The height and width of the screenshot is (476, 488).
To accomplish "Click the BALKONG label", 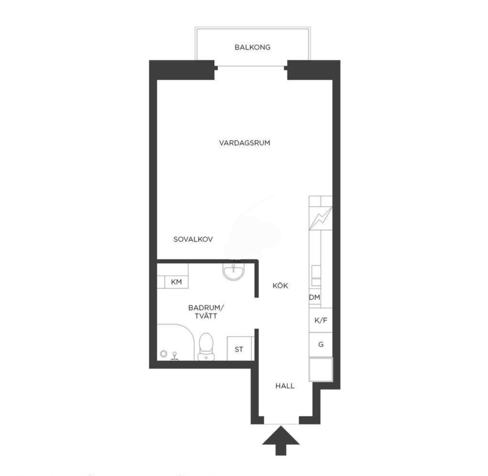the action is [252, 47].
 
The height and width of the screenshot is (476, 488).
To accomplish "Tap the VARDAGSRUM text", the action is [245, 143].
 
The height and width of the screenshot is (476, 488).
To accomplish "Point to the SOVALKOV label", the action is [193, 239].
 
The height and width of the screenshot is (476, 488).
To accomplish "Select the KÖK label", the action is [281, 285].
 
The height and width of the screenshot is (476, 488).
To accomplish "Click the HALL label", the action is [285, 386].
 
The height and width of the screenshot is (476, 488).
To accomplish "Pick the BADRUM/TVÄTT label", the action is [206, 312].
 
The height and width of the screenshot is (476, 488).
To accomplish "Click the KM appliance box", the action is [176, 282].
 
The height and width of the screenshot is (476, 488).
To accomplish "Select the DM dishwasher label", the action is [314, 297].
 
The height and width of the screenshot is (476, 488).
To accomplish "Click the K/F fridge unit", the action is [321, 320].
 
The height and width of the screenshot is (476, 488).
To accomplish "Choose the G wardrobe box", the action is [321, 345].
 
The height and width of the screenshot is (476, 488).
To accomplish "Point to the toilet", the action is [206, 346].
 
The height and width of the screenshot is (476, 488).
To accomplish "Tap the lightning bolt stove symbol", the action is [321, 218].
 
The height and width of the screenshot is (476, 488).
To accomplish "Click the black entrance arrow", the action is [281, 441].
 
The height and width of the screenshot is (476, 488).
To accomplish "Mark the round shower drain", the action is [163, 354].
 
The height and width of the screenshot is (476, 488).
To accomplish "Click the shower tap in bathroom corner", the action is [175, 356].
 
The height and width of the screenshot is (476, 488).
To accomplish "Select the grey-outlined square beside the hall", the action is [321, 369].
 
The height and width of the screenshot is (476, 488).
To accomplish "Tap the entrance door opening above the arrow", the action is [282, 421].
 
